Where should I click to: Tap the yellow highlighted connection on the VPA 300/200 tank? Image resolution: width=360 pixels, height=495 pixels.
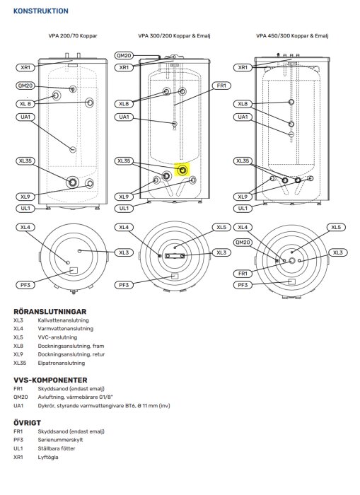[x=183, y=170]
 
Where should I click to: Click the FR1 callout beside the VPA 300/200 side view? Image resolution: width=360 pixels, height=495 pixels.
[x=221, y=86]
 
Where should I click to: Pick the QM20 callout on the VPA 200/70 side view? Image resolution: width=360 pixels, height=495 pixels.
[x=25, y=86]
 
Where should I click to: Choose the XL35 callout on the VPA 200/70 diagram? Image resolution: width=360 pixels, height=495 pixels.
[x=25, y=161]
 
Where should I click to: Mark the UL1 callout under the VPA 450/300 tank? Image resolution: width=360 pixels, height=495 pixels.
[x=243, y=209]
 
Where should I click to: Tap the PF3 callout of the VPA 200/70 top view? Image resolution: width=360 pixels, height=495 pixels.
[x=25, y=284]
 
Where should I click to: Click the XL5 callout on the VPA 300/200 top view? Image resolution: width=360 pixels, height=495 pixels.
[x=221, y=228]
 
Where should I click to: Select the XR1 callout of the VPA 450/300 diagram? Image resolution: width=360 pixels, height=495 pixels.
[x=243, y=67]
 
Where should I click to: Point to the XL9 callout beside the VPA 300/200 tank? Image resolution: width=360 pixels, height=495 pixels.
[x=124, y=197]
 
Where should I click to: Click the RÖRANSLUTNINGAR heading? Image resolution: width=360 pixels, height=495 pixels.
[x=50, y=311]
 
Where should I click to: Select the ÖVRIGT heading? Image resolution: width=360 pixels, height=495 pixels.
[x=28, y=422]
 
